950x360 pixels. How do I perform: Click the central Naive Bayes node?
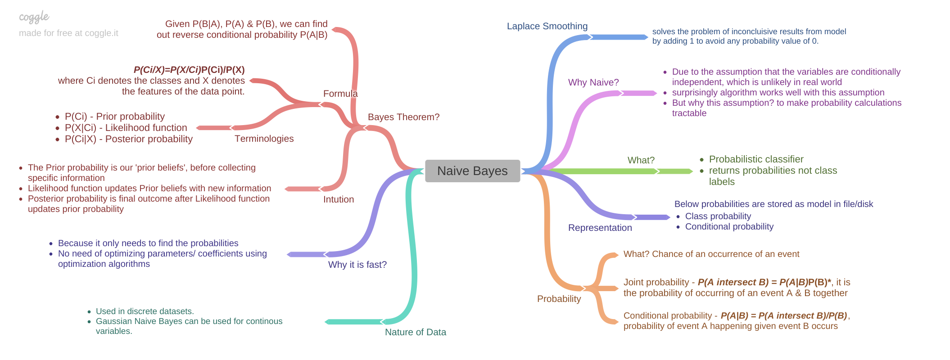tap(472, 171)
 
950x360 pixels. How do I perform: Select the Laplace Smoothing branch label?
tap(547, 26)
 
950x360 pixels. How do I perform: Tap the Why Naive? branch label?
tap(593, 82)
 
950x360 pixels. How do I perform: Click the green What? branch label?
tap(641, 160)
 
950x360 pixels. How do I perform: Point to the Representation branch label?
tap(600, 228)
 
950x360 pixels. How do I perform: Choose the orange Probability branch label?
tap(559, 299)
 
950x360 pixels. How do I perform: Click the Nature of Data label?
tap(415, 332)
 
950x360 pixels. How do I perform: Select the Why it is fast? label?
tap(357, 265)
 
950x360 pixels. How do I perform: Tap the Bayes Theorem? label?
tap(403, 117)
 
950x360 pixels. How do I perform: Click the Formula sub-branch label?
tap(340, 94)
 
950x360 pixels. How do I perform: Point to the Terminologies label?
tap(264, 139)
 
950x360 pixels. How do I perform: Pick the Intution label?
tap(338, 199)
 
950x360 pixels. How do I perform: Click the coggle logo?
tap(34, 18)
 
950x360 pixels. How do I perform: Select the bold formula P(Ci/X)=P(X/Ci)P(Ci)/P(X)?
tap(189, 70)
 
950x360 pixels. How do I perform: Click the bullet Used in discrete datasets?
tap(145, 311)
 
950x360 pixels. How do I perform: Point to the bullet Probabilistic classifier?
tap(756, 159)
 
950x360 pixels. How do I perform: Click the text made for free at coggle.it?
tap(68, 33)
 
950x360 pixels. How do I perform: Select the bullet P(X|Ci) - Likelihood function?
tap(126, 128)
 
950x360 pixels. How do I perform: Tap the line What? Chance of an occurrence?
tap(711, 254)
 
